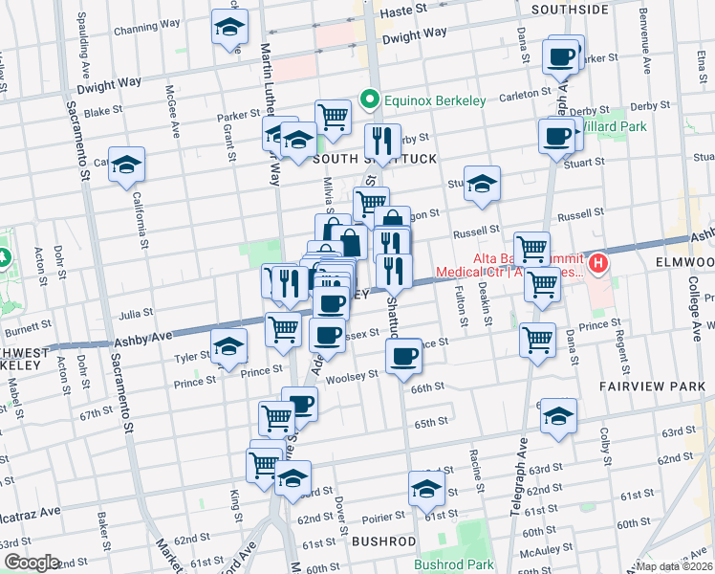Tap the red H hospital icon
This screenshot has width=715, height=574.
point(598,262)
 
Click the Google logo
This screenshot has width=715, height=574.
point(32,563)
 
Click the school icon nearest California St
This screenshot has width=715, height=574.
point(126,166)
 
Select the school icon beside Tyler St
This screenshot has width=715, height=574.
point(228,347)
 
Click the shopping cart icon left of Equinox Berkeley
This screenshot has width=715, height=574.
point(332,116)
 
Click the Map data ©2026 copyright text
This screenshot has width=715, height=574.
point(673,566)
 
